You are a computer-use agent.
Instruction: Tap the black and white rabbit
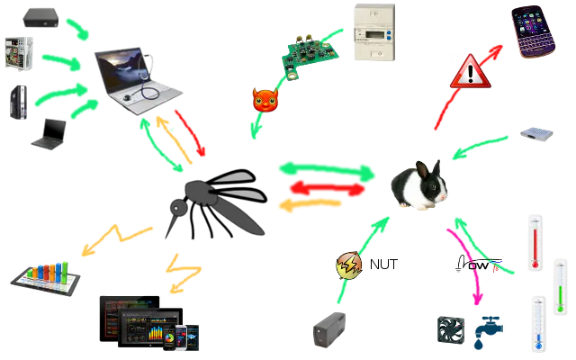418,186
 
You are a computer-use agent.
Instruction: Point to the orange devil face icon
264,100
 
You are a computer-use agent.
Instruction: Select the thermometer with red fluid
535,239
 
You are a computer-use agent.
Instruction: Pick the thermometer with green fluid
561,284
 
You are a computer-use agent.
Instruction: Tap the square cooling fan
450,329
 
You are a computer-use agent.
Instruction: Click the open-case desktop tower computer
19,53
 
